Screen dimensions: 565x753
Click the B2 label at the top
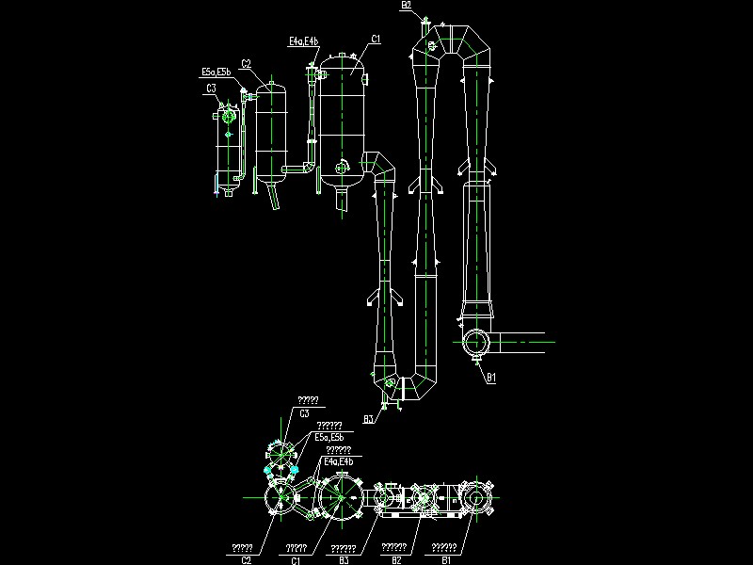pyautogui.click(x=406, y=5)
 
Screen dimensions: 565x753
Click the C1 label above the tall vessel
pyautogui.click(x=376, y=39)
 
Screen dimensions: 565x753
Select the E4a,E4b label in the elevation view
pyautogui.click(x=303, y=41)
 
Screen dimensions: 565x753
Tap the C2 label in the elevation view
pyautogui.click(x=246, y=64)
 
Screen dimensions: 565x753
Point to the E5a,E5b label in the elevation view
pyautogui.click(x=216, y=72)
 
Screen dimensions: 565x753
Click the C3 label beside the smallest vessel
pyautogui.click(x=212, y=89)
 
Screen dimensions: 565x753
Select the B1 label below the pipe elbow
pyautogui.click(x=490, y=378)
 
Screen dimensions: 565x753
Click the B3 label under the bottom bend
pyautogui.click(x=368, y=417)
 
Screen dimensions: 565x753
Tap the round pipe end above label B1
pyautogui.click(x=474, y=341)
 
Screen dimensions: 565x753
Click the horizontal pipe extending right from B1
pyautogui.click(x=522, y=341)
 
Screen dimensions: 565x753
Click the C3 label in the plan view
pyautogui.click(x=305, y=412)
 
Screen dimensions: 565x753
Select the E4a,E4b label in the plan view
pyautogui.click(x=338, y=462)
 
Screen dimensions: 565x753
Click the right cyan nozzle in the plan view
pyautogui.click(x=295, y=468)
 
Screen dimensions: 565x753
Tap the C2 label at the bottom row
pyautogui.click(x=246, y=560)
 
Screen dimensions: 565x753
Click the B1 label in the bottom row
pyautogui.click(x=446, y=560)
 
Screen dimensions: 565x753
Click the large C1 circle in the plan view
pyautogui.click(x=339, y=495)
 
